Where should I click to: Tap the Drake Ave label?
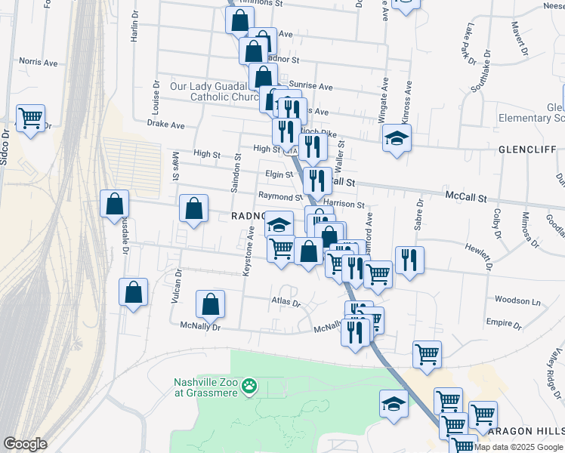(166, 124)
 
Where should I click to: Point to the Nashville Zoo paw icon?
(249, 388)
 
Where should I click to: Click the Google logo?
(25, 444)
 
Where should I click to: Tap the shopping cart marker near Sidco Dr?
(30, 119)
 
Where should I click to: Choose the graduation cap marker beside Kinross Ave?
(397, 139)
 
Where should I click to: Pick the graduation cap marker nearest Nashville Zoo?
(394, 403)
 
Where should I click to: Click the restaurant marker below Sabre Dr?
(409, 260)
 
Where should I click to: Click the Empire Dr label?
(504, 322)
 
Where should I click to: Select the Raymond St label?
(275, 196)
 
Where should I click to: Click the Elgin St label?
(279, 174)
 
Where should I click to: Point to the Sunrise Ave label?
(315, 87)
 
